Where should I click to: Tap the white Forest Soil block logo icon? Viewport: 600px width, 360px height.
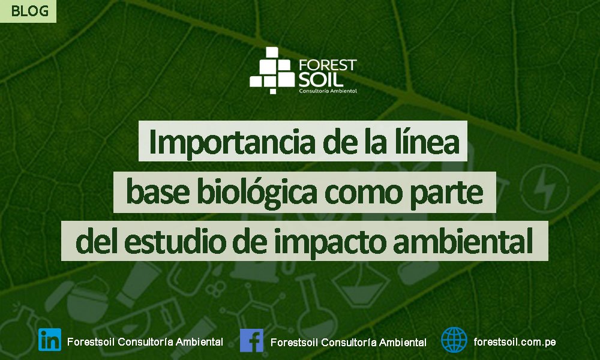(x=272, y=70)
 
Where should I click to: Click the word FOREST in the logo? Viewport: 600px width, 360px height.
(x=328, y=65)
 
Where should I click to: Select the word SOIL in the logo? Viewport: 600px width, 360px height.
(x=320, y=80)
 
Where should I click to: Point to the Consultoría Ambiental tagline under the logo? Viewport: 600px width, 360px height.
(x=328, y=91)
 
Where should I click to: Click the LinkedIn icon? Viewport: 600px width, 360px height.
(x=50, y=340)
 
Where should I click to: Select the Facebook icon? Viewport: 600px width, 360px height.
(x=252, y=340)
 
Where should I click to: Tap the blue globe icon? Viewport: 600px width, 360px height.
(x=454, y=340)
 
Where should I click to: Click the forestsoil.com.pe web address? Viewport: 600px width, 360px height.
(x=515, y=341)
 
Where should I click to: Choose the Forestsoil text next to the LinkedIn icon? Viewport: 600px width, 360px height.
(x=91, y=341)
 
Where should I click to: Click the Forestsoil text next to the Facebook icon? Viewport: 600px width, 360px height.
(x=294, y=342)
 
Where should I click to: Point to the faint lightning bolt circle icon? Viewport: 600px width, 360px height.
(x=544, y=188)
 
